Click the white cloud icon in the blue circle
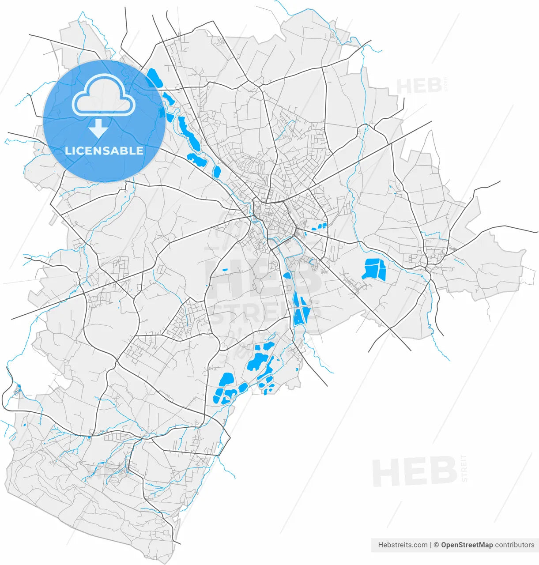tap(104, 95)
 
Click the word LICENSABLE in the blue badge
tap(104, 151)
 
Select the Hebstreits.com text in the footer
tap(403, 545)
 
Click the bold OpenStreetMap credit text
tap(467, 545)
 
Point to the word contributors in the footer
tap(514, 545)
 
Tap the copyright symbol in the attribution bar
tap(436, 545)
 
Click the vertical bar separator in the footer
tap(430, 545)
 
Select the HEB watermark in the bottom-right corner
tap(414, 472)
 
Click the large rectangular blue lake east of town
tap(374, 269)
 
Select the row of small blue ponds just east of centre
tap(318, 227)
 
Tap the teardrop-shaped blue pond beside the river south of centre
tap(287, 275)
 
